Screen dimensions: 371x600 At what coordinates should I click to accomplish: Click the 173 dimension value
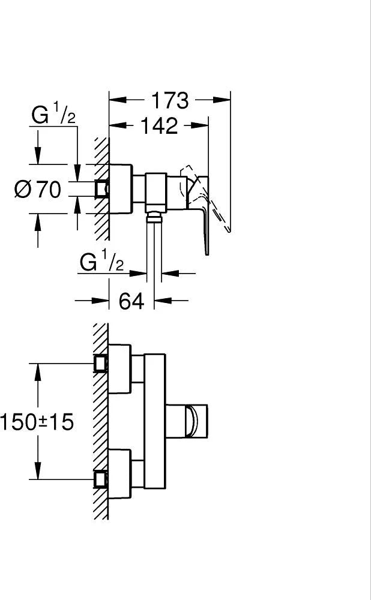170,101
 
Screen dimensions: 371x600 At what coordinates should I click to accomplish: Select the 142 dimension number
160,125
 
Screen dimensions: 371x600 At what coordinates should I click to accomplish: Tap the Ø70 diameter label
38,189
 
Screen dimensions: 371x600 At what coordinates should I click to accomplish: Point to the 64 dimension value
131,301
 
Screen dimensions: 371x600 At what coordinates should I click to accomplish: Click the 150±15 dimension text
37,422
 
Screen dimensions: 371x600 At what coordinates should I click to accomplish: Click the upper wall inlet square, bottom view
101,363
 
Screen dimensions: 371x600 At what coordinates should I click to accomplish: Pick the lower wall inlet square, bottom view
101,479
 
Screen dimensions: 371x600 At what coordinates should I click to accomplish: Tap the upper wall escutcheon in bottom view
119,369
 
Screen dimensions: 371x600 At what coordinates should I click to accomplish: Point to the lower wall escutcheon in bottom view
119,474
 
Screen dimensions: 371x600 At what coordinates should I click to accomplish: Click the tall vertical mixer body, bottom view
155,421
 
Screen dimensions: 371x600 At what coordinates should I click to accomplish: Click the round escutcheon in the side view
121,189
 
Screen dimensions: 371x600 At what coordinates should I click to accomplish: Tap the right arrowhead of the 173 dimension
222,100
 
